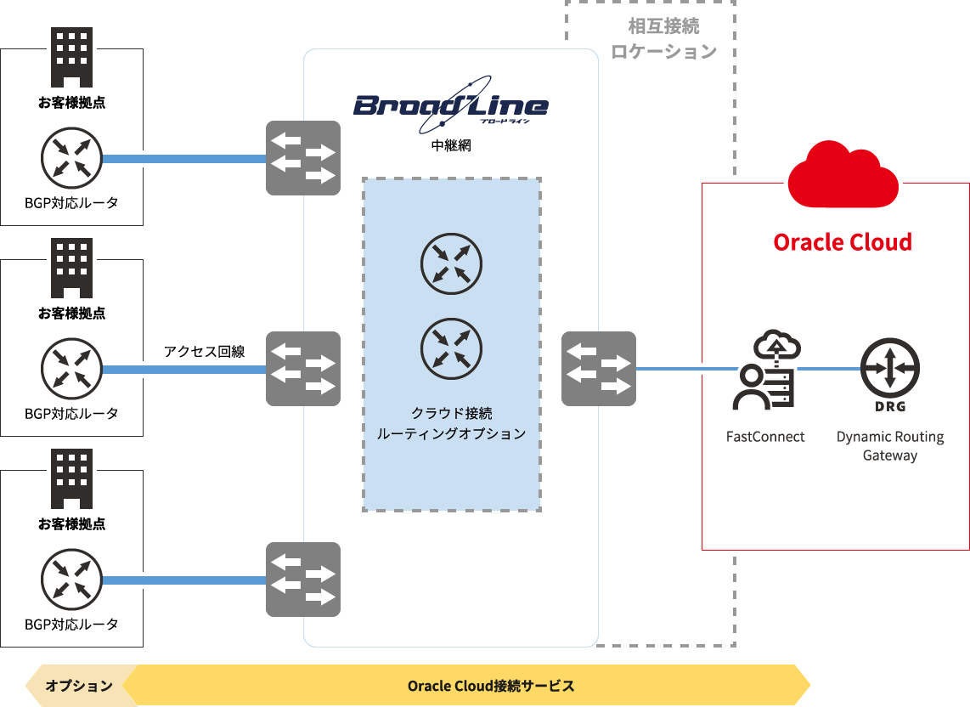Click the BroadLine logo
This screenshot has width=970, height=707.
point(451,106)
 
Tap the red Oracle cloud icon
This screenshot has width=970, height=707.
point(843,174)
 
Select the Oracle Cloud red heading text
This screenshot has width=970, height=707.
point(843,242)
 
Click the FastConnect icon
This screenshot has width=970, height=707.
point(765,370)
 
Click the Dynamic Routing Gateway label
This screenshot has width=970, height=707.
point(890,446)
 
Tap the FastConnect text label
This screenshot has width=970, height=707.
point(765,437)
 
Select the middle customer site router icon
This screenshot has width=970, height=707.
point(71,370)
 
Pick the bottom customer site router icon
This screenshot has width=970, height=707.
point(71,580)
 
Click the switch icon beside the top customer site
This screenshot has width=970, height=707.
point(303,158)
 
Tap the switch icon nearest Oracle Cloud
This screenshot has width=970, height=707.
point(599,369)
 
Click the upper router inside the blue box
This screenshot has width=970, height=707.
point(452,263)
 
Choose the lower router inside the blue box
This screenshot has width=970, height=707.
point(452,348)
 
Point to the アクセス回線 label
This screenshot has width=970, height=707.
point(206,351)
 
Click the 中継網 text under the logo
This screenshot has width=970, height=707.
point(451,146)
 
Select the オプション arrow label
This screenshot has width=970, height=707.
point(79,686)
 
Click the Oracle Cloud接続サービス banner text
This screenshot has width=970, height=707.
point(491,686)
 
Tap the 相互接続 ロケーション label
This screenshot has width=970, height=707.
point(664,39)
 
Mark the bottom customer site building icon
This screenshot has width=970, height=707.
point(71,478)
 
